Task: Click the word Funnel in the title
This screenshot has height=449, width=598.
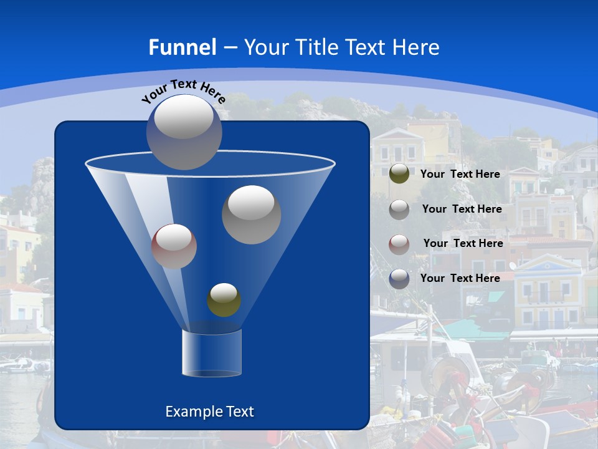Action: [182, 47]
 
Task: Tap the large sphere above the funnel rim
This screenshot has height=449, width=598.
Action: [184, 132]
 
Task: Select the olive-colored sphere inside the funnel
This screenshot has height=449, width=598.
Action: [224, 300]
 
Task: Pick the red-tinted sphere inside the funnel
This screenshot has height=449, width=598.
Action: [174, 246]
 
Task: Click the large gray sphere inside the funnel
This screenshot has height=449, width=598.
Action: [252, 215]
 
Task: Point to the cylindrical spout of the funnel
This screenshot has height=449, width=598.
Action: [212, 353]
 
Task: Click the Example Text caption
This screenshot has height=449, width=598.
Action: [210, 412]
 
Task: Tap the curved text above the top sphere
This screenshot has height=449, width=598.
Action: [183, 90]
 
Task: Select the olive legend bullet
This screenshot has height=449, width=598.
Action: [399, 174]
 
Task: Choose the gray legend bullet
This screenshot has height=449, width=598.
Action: [399, 210]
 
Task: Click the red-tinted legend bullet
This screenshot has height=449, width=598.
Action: [399, 244]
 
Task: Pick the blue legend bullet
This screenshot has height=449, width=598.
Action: [399, 279]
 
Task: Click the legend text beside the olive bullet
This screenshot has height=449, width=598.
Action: [460, 174]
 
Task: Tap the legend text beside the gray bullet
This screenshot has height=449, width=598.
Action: [462, 209]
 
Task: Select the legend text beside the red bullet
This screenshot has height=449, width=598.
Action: [463, 243]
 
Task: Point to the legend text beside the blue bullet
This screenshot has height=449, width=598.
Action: [460, 278]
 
